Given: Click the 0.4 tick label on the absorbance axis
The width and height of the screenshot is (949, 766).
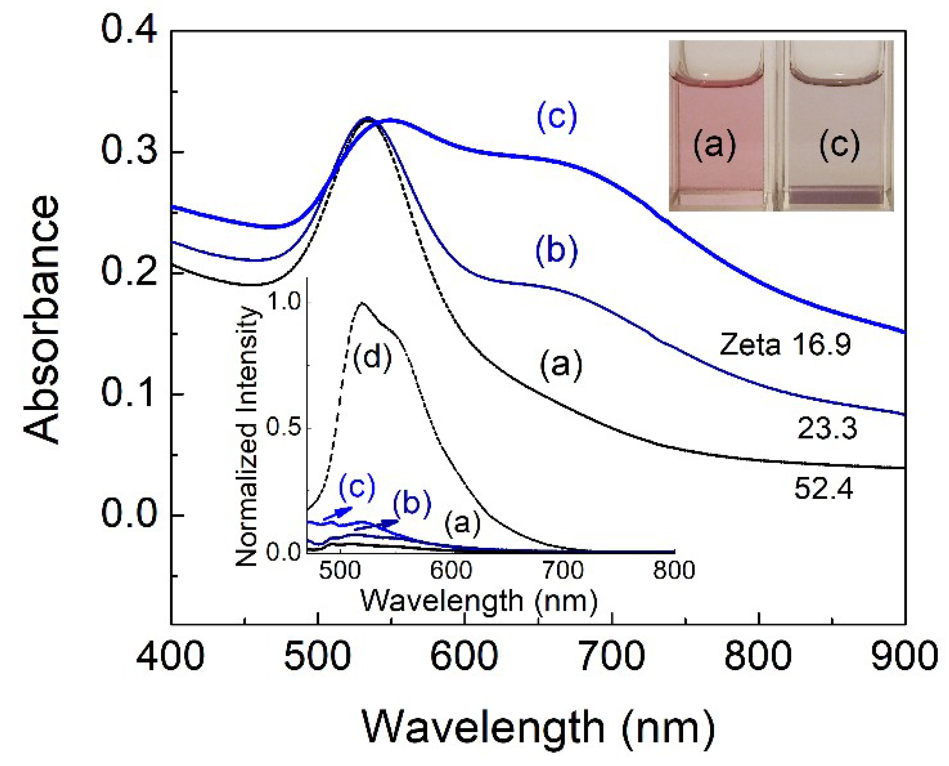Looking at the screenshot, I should pos(128,29).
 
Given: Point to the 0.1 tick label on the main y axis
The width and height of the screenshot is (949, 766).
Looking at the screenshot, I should pos(128,393).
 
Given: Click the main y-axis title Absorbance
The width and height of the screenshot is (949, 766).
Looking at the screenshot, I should pos(42,320).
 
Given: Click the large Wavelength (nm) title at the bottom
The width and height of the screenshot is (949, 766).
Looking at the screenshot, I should pos(538,728).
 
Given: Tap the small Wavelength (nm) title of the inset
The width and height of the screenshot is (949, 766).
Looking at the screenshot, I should pos(479,601).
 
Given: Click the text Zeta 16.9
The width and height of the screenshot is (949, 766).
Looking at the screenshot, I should pos(785,344).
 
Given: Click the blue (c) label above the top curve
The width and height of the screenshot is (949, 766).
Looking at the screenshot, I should pos(557,117).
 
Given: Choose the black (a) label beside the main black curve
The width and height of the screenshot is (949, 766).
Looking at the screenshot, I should pos(561,365).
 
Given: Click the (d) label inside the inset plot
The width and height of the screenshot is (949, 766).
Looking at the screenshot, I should pos(373,357).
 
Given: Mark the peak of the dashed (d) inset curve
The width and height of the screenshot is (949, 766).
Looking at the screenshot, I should pos(362,303).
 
